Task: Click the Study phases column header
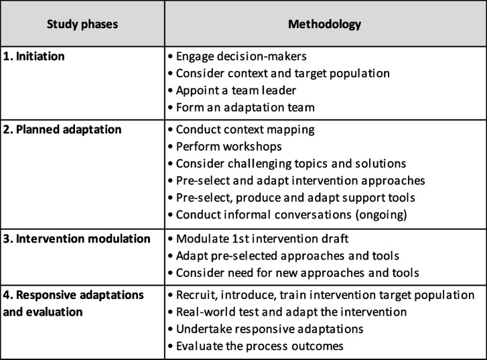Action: [x=82, y=25]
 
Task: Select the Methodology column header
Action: [x=324, y=25]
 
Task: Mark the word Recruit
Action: [x=194, y=296]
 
